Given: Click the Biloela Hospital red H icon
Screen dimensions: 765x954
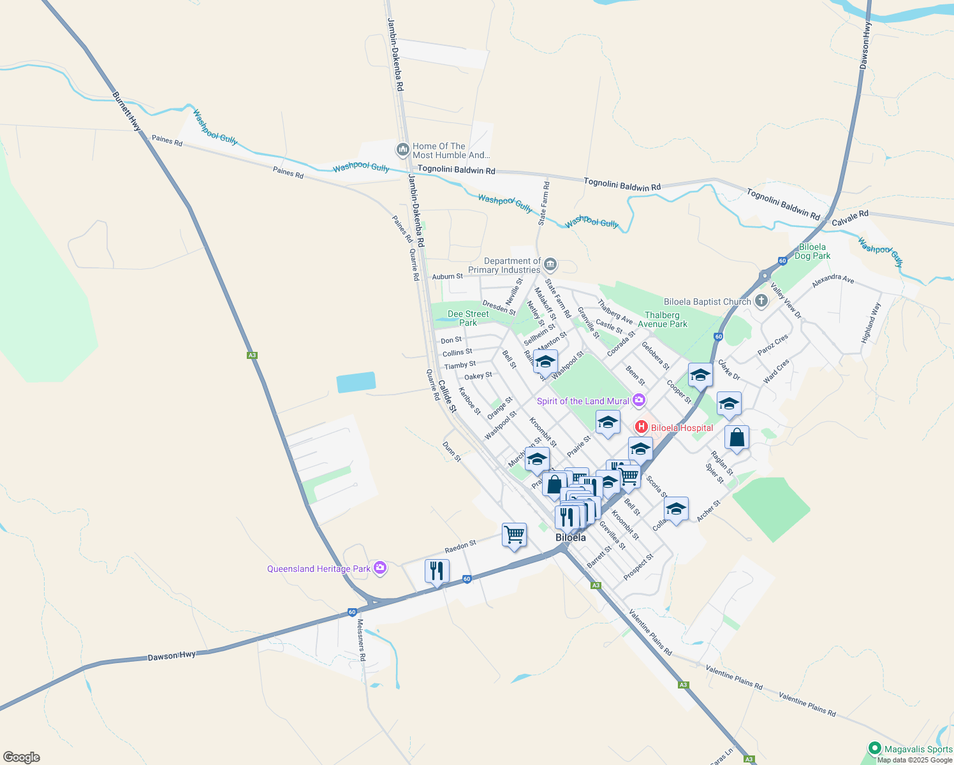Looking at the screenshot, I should (x=642, y=426).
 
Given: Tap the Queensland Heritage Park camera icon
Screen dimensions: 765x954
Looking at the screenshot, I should (x=380, y=567).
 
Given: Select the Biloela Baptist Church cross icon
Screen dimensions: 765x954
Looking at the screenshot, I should (x=761, y=301).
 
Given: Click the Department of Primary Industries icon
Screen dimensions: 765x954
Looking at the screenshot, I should (x=550, y=265).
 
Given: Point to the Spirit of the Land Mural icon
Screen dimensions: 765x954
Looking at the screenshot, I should (x=639, y=400).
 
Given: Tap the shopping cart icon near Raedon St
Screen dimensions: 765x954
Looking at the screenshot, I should (x=514, y=534).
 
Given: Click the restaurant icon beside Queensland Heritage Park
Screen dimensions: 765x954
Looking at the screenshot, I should (x=437, y=570).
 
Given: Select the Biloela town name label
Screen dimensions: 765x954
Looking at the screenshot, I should (x=570, y=537).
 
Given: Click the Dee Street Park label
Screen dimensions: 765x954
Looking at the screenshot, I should (x=468, y=318).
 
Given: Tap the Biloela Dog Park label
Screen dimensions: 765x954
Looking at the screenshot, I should (x=812, y=251).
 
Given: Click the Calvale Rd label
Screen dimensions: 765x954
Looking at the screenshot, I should (x=850, y=218).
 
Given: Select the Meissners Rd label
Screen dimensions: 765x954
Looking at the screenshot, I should (x=361, y=640).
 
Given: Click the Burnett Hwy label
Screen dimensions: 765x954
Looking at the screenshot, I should (x=126, y=112).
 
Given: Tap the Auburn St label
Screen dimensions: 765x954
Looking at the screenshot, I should (x=448, y=276).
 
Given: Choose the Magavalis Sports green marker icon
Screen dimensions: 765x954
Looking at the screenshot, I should (x=875, y=748).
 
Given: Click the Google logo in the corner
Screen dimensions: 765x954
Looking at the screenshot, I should (x=22, y=757).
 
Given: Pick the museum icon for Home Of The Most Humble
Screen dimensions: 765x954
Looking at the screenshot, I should (x=402, y=150).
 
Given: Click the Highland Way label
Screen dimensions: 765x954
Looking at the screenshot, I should (x=870, y=323).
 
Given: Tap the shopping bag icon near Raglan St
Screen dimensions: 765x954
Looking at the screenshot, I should (x=737, y=438).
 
